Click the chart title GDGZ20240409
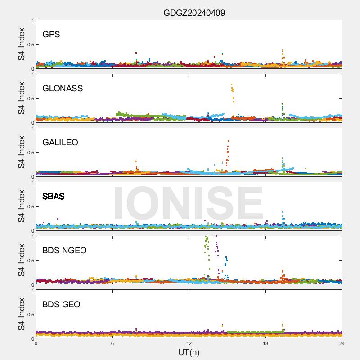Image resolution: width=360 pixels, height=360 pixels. [x=194, y=13]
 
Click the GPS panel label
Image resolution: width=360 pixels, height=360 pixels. [x=51, y=35]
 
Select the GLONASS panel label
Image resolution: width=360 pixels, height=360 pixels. [x=63, y=89]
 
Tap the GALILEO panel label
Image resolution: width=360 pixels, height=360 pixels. [x=60, y=143]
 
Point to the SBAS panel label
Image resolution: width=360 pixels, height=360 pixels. [x=53, y=197]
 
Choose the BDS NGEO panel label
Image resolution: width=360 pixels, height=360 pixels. [x=64, y=251]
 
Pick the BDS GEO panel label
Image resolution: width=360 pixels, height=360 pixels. [x=61, y=305]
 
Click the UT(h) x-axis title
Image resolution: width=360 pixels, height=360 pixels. [x=189, y=351]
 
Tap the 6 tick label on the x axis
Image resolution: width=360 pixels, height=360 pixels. [x=112, y=343]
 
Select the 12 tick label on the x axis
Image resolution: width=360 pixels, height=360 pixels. [x=189, y=343]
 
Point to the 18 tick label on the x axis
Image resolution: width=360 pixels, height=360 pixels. [x=265, y=343]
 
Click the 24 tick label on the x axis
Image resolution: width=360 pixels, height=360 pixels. [x=342, y=343]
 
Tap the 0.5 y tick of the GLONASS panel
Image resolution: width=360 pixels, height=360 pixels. [x=29, y=99]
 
